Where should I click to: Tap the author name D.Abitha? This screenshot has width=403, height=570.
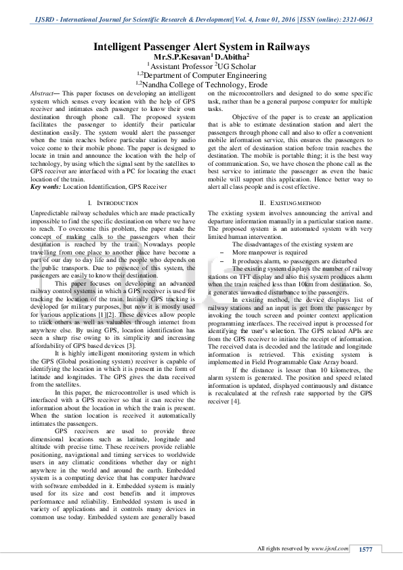[x=230, y=57]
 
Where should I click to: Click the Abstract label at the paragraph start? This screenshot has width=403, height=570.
[x=47, y=91]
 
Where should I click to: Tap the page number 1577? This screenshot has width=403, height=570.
[x=366, y=548]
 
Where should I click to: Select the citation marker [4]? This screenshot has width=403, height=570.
[x=236, y=401]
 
